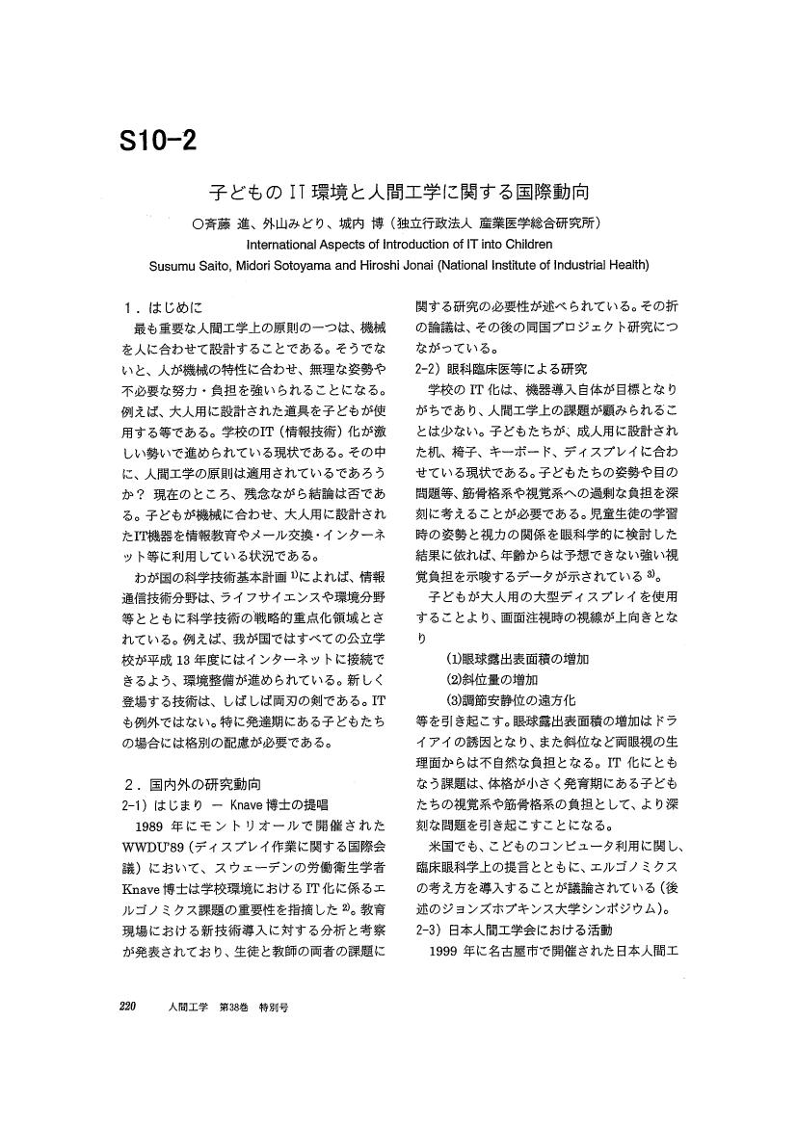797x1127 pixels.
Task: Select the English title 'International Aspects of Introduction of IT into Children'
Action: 399,245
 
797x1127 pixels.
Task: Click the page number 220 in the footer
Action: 131,1006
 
